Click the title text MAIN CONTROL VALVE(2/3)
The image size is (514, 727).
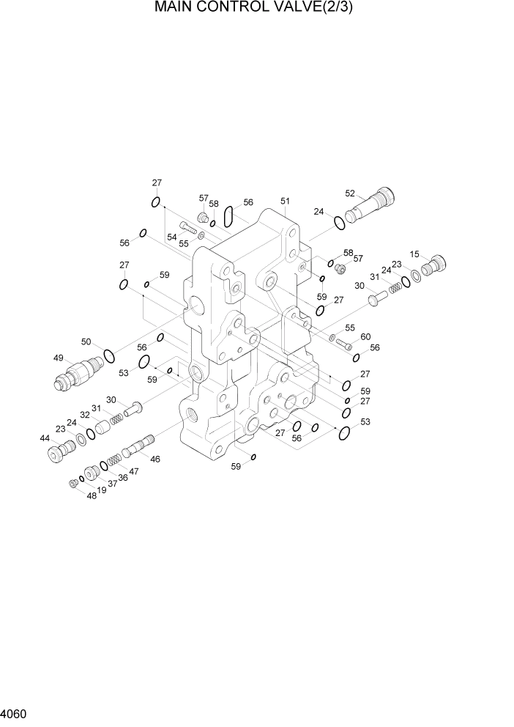(258, 9)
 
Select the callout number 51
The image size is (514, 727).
(285, 201)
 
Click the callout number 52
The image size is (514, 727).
(350, 193)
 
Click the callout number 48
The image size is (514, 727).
(91, 495)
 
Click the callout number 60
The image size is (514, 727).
(365, 336)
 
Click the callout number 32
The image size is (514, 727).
(85, 415)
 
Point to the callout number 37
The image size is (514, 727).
(113, 483)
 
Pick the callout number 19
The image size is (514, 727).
(102, 490)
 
